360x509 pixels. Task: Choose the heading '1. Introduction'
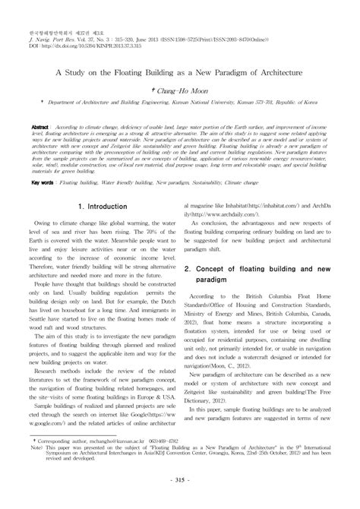103,205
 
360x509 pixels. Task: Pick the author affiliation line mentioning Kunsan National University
180,100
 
